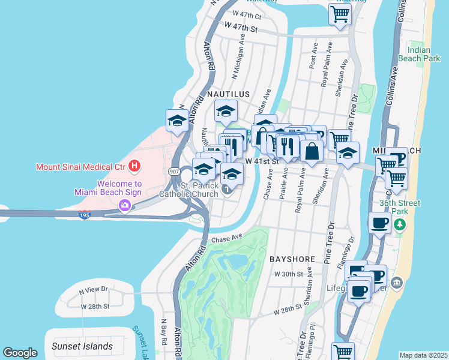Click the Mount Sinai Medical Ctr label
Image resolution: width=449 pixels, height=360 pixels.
[x=82, y=167]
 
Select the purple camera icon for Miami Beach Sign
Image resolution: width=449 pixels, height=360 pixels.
[x=124, y=205]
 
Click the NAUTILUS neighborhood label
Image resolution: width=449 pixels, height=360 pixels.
[x=228, y=95]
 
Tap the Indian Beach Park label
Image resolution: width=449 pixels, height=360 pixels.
[x=424, y=55]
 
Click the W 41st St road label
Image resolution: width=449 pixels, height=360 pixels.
[x=262, y=161]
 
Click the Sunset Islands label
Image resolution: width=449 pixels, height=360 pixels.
[x=82, y=346]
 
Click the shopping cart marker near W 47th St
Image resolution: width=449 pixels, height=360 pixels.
[x=340, y=13]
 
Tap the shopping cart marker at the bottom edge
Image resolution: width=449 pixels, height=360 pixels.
[x=343, y=352]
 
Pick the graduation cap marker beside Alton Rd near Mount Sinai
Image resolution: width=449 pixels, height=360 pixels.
[x=178, y=120]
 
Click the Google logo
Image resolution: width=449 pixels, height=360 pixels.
[x=20, y=353]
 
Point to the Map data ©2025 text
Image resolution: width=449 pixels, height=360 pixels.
[x=423, y=355]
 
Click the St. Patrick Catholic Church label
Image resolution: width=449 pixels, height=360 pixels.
[x=191, y=189]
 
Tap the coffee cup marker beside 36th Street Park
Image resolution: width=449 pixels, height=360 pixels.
[x=379, y=223]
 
